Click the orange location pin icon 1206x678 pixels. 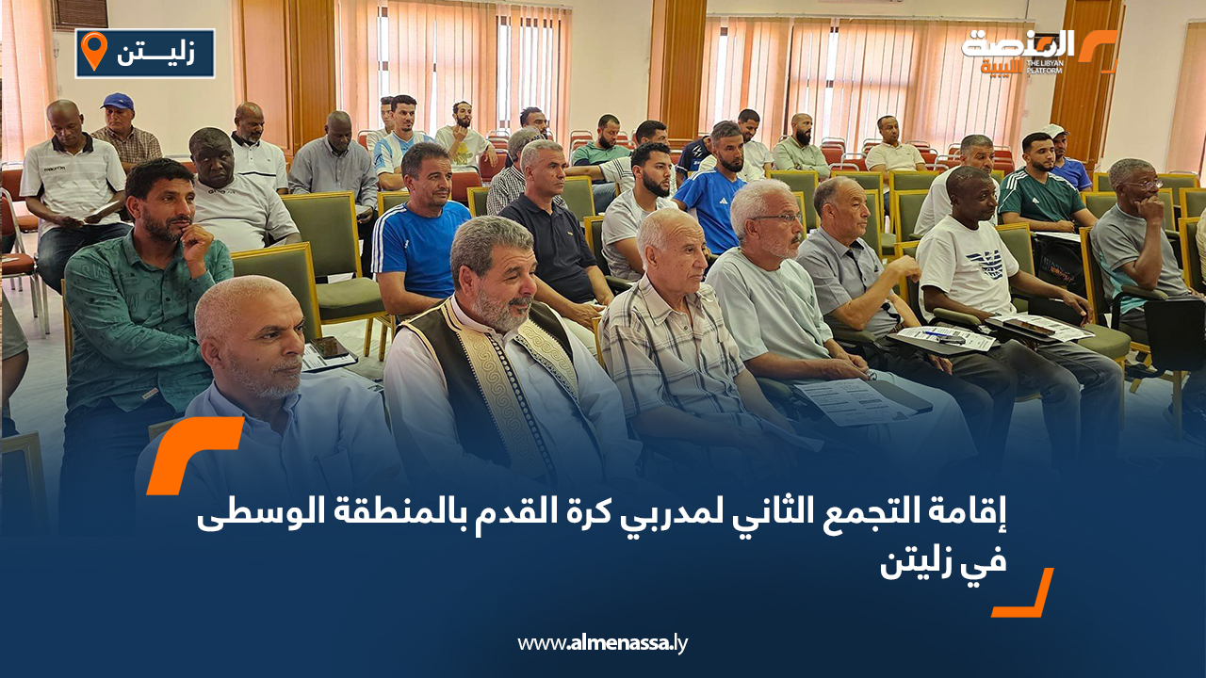coord(94,50)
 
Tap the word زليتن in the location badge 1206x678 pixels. coord(156,54)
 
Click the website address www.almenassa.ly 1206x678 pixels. coord(602,643)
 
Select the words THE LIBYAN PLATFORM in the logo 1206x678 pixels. coord(1045,67)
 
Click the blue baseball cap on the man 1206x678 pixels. coord(118,101)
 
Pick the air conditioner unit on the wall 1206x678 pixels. coord(80,13)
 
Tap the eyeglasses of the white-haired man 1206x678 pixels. coord(777,218)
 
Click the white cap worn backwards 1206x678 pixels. coord(1054,130)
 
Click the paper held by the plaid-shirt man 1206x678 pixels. coord(851,401)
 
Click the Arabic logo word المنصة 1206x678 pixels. coord(1018,44)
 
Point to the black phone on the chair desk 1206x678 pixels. coord(330,347)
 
